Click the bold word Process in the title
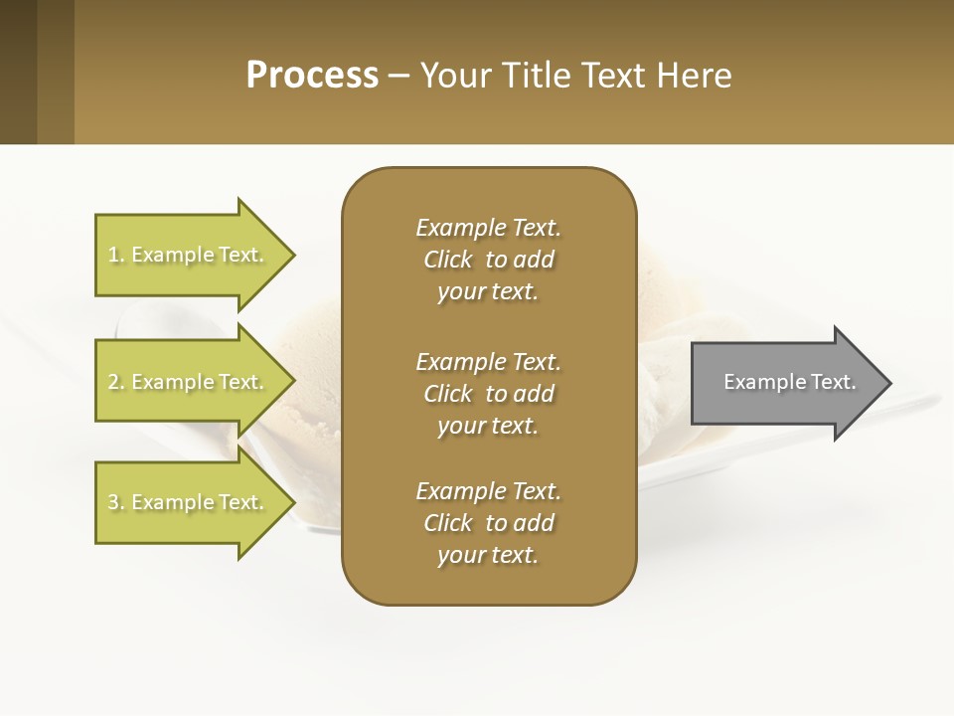coord(312,76)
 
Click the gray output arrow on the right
coord(785,382)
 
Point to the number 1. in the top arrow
coord(116,255)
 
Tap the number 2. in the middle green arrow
coord(116,382)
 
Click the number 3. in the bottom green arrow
coord(116,502)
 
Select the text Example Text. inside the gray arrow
coord(790,382)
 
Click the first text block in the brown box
coord(488,260)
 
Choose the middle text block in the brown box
coord(488,394)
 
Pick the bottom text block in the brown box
coord(488,523)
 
